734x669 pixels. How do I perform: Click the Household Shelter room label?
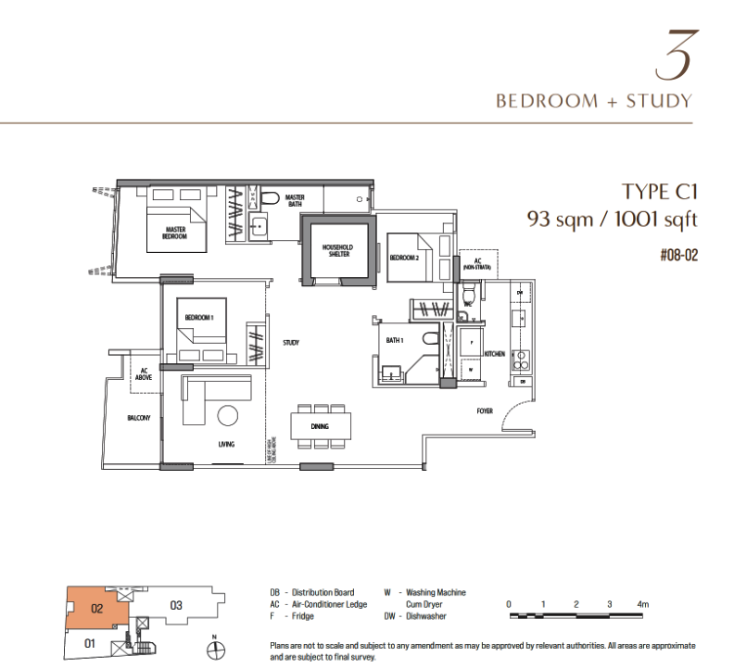336,250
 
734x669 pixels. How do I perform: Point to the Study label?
291,343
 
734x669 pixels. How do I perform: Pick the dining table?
321,425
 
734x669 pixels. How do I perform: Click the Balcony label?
139,419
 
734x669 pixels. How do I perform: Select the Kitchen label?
494,353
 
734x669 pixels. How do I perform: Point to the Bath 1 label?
395,341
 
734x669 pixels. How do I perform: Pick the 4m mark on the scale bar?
642,604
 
